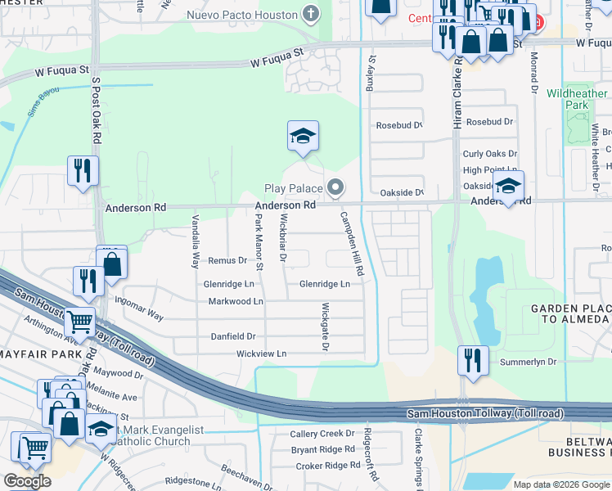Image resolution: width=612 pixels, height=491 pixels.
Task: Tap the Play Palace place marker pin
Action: point(335,189)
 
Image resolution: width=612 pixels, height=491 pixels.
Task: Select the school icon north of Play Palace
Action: point(303,137)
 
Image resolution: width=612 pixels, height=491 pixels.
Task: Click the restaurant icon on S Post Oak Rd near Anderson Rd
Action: point(83,170)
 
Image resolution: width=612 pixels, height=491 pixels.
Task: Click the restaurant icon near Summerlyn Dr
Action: point(473,360)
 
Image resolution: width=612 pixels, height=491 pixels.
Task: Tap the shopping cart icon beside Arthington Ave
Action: point(80,322)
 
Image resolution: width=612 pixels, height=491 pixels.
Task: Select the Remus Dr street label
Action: point(227,261)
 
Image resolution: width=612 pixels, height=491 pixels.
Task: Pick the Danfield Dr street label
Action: point(234,336)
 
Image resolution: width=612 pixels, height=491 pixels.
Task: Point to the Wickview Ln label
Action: point(262,354)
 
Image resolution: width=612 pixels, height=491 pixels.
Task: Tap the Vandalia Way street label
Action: point(195,241)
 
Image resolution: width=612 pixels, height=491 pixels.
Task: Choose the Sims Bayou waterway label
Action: point(44,98)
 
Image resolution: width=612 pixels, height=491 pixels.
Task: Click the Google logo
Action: point(26,480)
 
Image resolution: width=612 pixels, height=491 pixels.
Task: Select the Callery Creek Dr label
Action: point(322,434)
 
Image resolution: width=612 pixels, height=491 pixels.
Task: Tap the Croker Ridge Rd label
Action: point(322,466)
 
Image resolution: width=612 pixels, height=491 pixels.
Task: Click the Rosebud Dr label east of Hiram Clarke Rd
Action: point(489,122)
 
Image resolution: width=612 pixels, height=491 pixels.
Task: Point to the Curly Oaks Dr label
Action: point(489,154)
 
